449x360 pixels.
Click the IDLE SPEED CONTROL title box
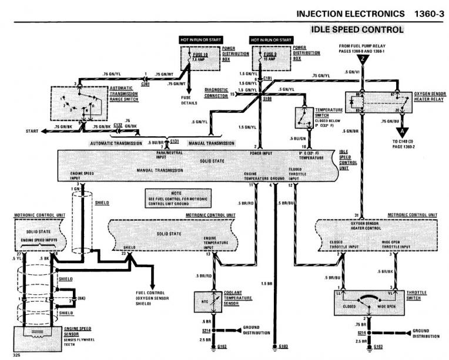tap(357, 29)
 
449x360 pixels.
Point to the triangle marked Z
tap(364, 59)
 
